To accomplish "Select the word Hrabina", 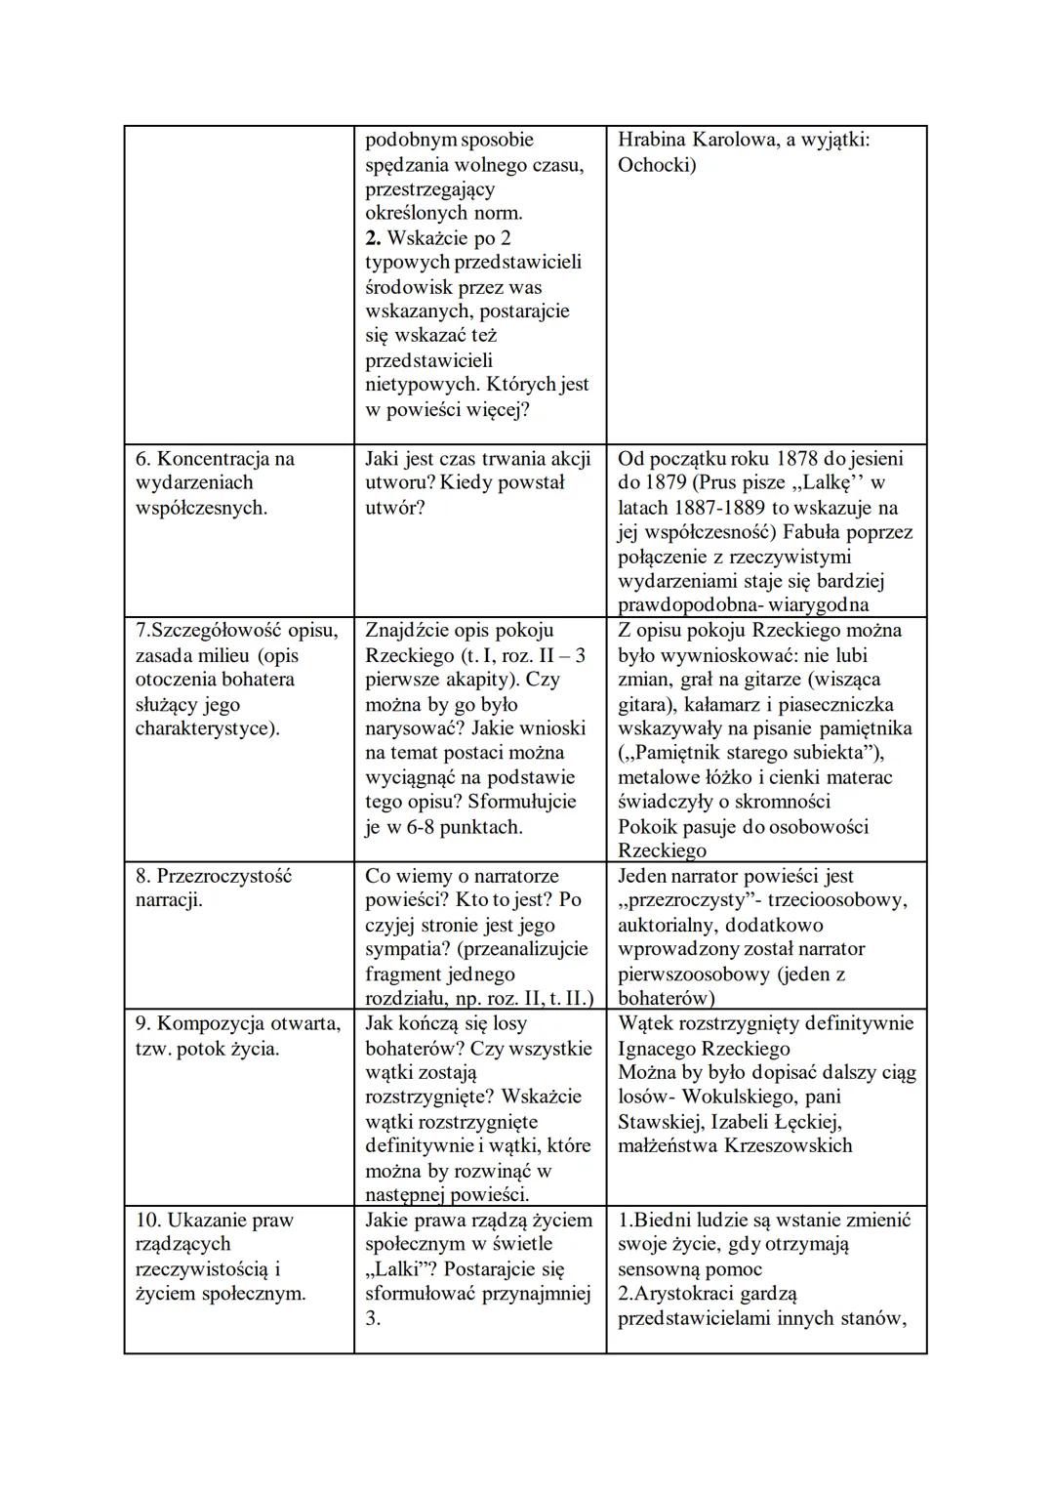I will [652, 141].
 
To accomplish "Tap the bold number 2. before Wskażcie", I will [374, 238].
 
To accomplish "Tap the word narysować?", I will [412, 728].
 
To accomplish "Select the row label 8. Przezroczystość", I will [213, 876].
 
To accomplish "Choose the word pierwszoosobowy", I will [695, 973].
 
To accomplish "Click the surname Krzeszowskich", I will [788, 1145].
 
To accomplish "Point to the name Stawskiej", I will [660, 1121].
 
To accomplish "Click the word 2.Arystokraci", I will [680, 1294].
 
